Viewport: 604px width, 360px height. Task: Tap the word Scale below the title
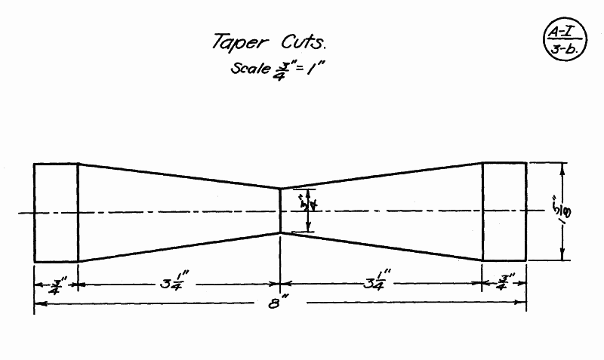248,69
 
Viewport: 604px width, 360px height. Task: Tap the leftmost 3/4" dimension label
56,286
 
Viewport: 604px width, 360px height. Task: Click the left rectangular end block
56,212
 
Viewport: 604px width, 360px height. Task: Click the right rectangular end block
504,212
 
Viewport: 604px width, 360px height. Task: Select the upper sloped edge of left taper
179,176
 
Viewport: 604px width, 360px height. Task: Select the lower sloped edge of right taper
381,246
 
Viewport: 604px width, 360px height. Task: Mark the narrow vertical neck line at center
280,211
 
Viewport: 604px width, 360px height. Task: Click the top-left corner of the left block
34,163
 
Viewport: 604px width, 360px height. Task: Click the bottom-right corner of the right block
526,261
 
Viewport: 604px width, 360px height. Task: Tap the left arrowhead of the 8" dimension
38,304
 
